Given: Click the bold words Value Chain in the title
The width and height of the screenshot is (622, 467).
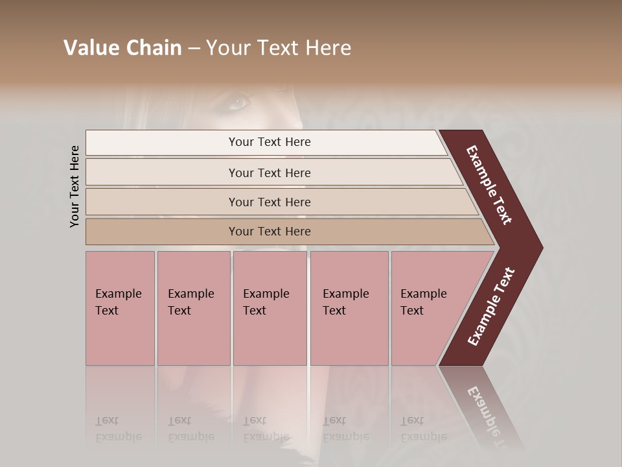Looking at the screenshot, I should click(x=122, y=48).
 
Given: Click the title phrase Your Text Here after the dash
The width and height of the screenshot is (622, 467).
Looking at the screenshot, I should click(x=279, y=48).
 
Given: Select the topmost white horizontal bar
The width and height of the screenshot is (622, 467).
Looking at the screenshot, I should click(x=162, y=143).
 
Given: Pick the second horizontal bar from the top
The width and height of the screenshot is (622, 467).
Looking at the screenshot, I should click(x=162, y=173).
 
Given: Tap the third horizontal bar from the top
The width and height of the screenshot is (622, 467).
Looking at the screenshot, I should click(x=162, y=202).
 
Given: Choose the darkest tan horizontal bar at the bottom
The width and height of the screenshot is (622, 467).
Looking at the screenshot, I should click(x=162, y=232).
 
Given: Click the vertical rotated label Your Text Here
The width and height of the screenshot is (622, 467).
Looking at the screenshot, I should click(x=75, y=186).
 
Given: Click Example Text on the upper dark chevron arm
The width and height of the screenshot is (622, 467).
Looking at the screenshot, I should click(x=489, y=185).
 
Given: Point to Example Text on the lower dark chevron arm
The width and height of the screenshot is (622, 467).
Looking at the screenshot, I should click(x=490, y=307).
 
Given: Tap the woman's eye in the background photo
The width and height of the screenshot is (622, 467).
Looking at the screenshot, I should click(x=239, y=101).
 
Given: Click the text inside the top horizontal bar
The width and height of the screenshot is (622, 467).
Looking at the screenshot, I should click(x=270, y=142).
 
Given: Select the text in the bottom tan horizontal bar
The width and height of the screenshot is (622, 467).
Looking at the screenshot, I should click(x=270, y=232).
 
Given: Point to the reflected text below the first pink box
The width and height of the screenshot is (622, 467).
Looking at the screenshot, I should click(x=118, y=429).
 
